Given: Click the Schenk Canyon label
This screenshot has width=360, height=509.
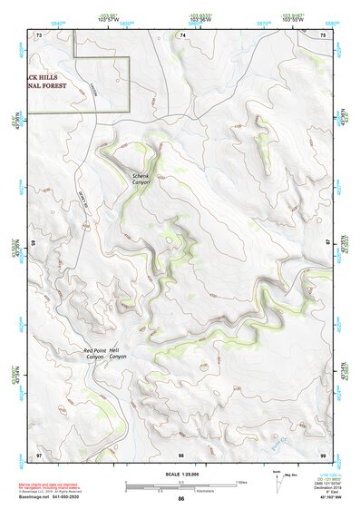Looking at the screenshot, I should (x=141, y=179).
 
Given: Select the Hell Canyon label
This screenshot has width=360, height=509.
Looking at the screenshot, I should (x=118, y=354).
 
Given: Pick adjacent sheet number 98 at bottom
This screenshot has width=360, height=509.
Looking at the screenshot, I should (x=181, y=454).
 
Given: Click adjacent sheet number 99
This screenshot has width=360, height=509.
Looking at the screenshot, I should (x=323, y=454).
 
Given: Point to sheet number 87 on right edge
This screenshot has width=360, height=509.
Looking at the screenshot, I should (x=328, y=243).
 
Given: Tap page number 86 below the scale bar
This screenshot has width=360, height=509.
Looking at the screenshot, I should (x=181, y=500).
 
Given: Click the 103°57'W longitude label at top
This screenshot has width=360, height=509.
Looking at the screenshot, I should (x=109, y=17).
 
